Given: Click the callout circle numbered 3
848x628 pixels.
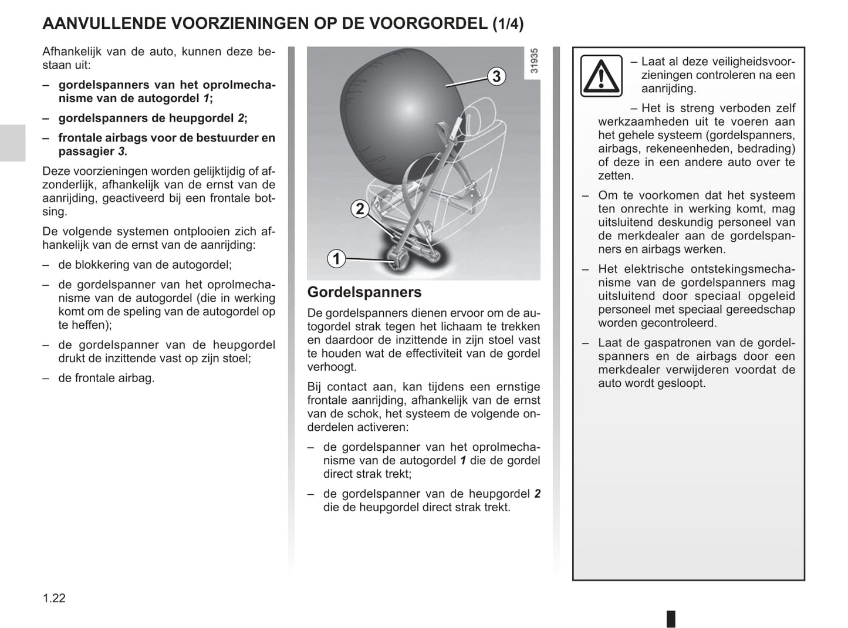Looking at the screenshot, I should [x=496, y=76].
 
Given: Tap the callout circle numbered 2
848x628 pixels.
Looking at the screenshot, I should [x=360, y=208].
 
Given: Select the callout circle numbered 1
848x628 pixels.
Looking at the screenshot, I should [x=336, y=258].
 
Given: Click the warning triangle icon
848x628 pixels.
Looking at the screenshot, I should [x=601, y=76].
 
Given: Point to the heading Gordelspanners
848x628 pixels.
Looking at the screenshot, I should [x=364, y=292].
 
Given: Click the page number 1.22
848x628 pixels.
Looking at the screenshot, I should [x=54, y=598].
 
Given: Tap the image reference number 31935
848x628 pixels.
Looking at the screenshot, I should [x=533, y=61].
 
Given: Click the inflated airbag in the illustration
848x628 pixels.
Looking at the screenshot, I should [x=399, y=106].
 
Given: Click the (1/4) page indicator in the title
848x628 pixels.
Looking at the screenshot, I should [x=508, y=24].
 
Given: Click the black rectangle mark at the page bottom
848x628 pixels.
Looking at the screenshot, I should [x=671, y=619].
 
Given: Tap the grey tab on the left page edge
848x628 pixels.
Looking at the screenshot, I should [x=12, y=143].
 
